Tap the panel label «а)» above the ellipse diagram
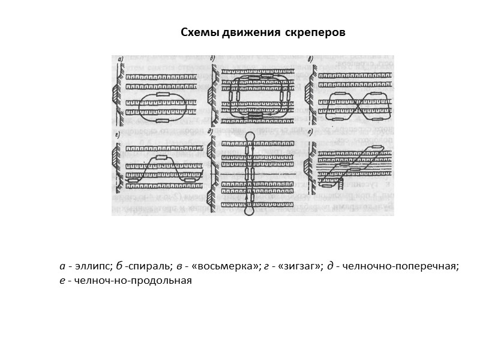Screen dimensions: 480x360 pyautogui.click(x=121, y=59)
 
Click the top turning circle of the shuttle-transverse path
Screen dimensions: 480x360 pyautogui.click(x=249, y=135)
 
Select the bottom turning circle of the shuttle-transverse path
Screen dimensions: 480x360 pyautogui.click(x=249, y=211)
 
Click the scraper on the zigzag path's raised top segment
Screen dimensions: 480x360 pyautogui.click(x=162, y=158)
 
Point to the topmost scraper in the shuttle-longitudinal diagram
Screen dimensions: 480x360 pyautogui.click(x=377, y=146)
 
